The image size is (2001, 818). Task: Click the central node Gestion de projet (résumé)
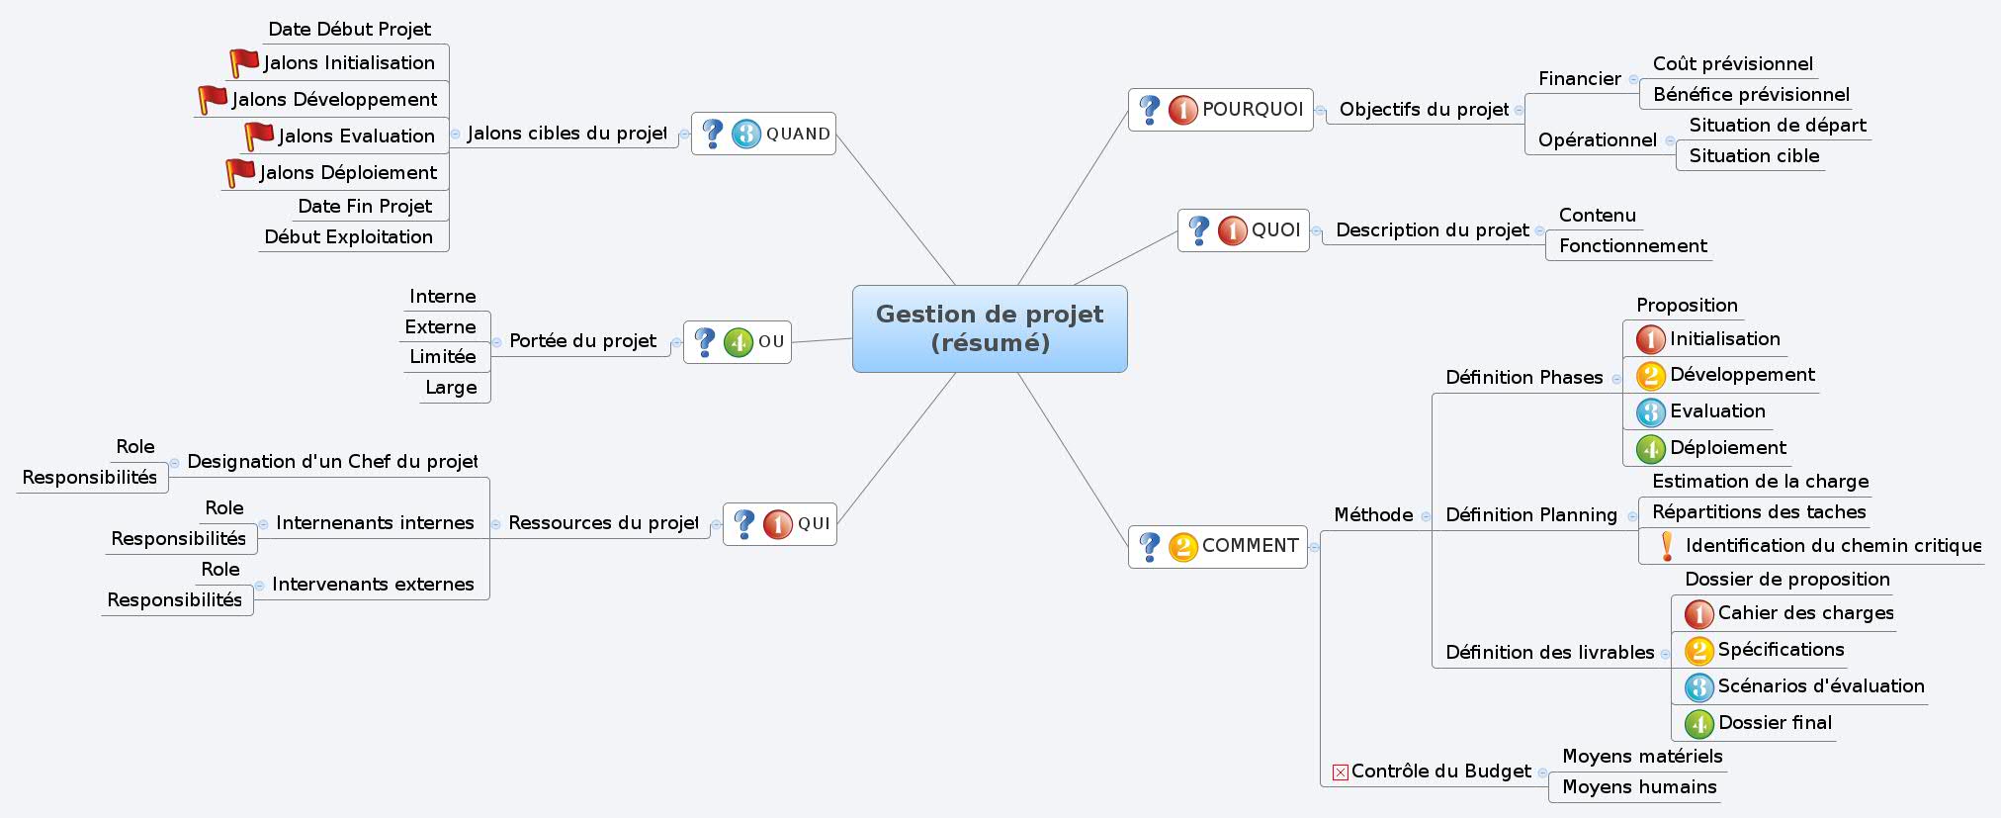990,328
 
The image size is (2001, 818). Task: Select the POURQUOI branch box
1221,110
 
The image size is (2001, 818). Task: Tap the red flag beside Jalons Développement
213,99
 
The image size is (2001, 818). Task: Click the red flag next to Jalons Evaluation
259,136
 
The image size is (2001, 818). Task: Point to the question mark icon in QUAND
712,133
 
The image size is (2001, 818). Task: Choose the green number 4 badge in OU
739,342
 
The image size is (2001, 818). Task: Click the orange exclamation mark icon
1667,545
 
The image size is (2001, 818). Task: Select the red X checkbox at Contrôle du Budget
1340,773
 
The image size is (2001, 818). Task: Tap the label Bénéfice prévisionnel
1751,94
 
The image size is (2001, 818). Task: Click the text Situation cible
1754,155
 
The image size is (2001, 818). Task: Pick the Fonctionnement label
1632,245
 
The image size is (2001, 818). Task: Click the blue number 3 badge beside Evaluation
1650,411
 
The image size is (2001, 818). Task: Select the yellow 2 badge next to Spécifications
1698,650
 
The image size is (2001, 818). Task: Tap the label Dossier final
1775,722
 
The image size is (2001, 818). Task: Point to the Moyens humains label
1639,786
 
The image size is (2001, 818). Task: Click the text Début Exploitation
348,236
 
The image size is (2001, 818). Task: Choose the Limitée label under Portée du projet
442,356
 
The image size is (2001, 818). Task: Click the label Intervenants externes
373,584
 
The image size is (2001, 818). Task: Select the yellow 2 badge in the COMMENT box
1182,546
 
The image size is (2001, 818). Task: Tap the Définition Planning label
1530,514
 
